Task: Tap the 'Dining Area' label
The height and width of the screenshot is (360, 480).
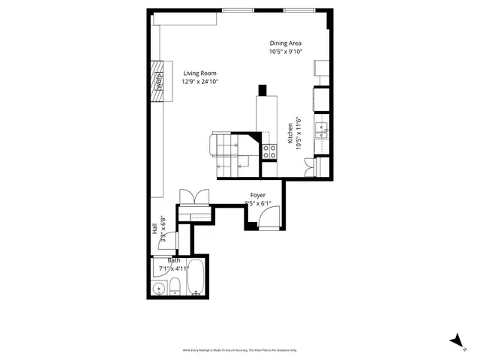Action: pos(286,43)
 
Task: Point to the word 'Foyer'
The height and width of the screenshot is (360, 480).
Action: pos(259,195)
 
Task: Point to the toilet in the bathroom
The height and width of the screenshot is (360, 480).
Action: pos(174,286)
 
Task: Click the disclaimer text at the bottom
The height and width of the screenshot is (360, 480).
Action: pos(240,349)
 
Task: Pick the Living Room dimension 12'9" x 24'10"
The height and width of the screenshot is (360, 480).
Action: pos(199,82)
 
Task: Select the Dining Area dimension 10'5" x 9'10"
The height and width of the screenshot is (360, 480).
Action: pos(286,52)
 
